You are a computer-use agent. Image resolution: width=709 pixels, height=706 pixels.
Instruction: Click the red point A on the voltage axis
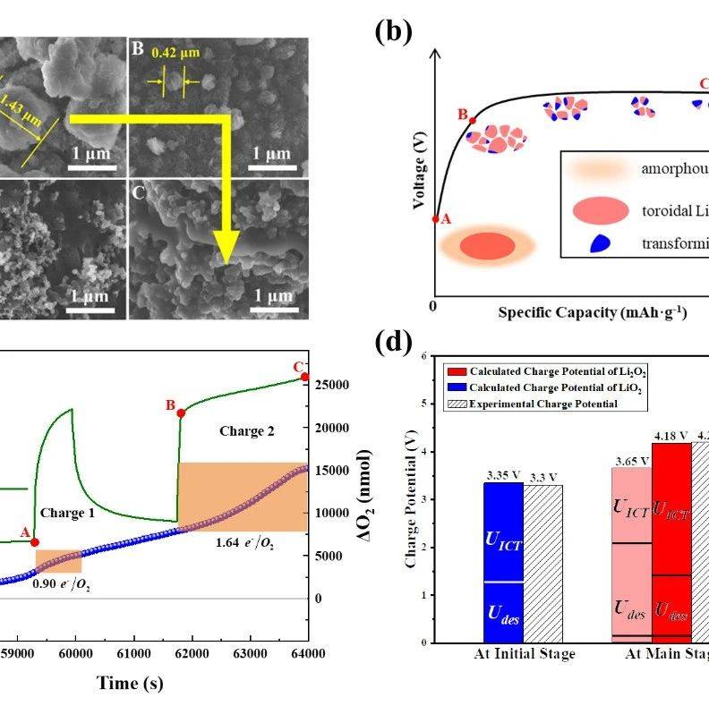coord(435,218)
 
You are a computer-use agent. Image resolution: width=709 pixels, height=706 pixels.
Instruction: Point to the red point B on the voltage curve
coord(473,120)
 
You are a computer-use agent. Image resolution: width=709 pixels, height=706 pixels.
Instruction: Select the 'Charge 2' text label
coord(248,431)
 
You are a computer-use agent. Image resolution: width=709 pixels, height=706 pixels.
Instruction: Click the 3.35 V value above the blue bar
coord(502,474)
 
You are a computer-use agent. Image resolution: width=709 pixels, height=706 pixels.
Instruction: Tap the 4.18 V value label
coord(671,436)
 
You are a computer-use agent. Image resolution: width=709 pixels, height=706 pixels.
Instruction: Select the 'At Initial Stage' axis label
coord(524,654)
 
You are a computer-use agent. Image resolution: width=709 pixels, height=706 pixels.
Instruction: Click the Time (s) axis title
coord(131,684)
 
